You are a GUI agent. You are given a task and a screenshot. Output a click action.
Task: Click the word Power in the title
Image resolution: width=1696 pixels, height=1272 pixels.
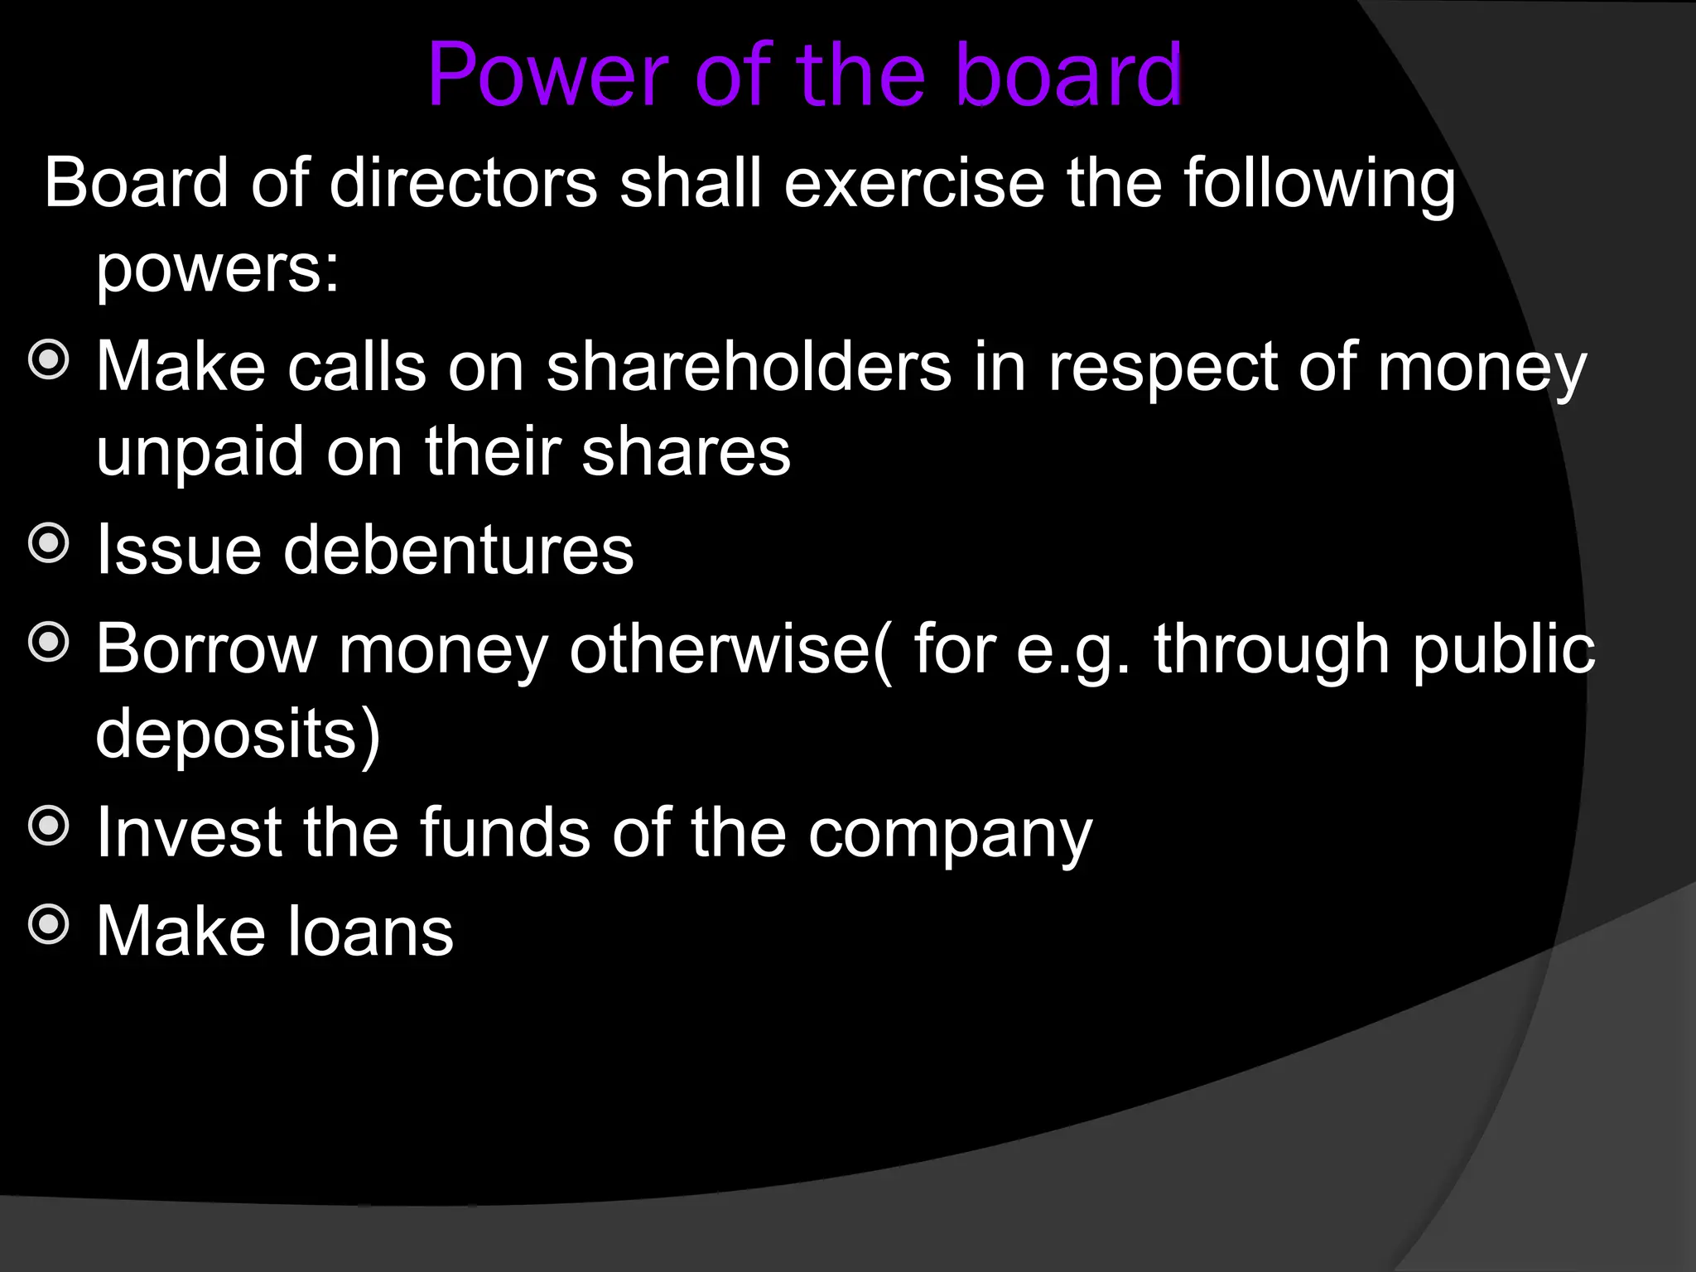[547, 76]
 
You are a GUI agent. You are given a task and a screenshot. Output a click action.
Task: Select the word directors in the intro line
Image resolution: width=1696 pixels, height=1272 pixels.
[463, 183]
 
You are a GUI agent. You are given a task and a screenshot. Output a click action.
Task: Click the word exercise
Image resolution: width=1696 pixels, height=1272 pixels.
[914, 183]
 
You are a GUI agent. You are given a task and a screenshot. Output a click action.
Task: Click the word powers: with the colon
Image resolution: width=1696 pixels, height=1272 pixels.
[218, 270]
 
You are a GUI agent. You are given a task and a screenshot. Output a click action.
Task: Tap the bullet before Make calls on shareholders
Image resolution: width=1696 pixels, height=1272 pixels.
[49, 360]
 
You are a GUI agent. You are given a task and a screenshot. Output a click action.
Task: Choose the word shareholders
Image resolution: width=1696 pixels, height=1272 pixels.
[749, 367]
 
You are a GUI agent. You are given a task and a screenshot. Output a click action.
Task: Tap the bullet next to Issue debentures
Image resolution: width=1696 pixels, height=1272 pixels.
[49, 543]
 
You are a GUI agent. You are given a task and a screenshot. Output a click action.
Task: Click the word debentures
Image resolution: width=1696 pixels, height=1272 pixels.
[459, 550]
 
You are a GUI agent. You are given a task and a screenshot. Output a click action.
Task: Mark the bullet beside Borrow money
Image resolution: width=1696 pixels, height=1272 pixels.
[49, 643]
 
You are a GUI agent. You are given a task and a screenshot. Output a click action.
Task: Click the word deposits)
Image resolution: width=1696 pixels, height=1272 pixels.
[238, 735]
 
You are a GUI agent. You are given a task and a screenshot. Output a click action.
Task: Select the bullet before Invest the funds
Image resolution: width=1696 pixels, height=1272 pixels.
[49, 826]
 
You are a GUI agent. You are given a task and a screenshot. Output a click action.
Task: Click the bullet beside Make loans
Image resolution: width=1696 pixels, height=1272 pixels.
[49, 924]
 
